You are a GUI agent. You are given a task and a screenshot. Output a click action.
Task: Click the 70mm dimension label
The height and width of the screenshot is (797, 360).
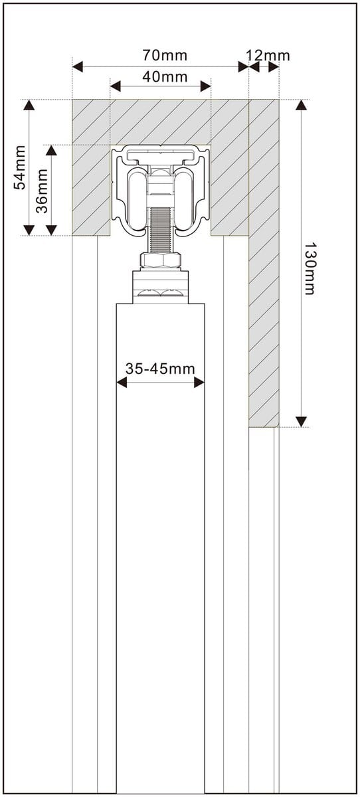pos(165,56)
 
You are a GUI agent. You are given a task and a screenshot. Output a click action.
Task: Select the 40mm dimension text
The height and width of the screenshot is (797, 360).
pos(165,76)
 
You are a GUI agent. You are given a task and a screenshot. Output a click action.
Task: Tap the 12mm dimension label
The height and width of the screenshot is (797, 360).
pos(268,56)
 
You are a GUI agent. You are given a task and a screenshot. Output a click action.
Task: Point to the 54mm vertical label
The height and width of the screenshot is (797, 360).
pos(19,167)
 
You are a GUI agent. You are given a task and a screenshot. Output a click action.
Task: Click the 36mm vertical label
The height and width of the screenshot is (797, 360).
pos(42,191)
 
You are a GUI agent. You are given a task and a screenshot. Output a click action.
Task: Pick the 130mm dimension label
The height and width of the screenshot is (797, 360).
pos(309,268)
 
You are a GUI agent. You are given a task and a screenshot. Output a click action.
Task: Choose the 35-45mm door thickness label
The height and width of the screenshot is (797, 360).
pos(160,369)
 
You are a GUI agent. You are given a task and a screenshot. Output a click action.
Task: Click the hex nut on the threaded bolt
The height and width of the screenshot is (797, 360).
pos(161,262)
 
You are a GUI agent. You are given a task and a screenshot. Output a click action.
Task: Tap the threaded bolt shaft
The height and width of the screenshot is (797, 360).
pos(161,230)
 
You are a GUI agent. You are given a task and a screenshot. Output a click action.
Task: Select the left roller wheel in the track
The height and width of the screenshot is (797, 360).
pos(137,199)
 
